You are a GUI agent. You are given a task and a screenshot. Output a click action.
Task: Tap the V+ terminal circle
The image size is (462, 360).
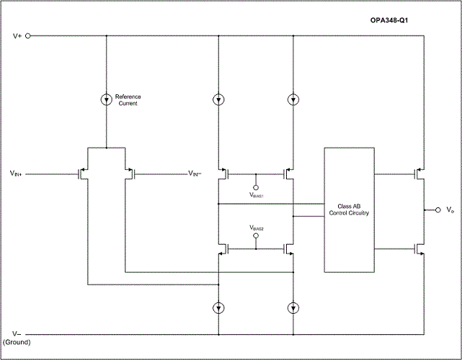pyautogui.click(x=29, y=35)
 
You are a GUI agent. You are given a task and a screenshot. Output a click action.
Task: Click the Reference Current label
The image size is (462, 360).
pyautogui.click(x=128, y=100)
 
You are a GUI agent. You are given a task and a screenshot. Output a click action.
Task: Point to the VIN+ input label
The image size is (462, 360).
pyautogui.click(x=19, y=174)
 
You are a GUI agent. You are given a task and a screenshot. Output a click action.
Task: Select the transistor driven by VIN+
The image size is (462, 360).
pyautogui.click(x=82, y=173)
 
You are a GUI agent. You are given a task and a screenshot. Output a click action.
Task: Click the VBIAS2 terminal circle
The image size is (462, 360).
pyautogui.click(x=256, y=235)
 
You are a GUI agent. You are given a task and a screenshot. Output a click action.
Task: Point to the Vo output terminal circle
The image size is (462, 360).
pyautogui.click(x=437, y=210)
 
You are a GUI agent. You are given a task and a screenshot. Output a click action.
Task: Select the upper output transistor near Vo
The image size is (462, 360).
pyautogui.click(x=417, y=174)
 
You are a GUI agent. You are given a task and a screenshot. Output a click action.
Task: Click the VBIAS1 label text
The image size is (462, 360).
pyautogui.click(x=257, y=195)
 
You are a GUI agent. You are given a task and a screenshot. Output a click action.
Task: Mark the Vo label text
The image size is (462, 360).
pyautogui.click(x=450, y=210)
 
